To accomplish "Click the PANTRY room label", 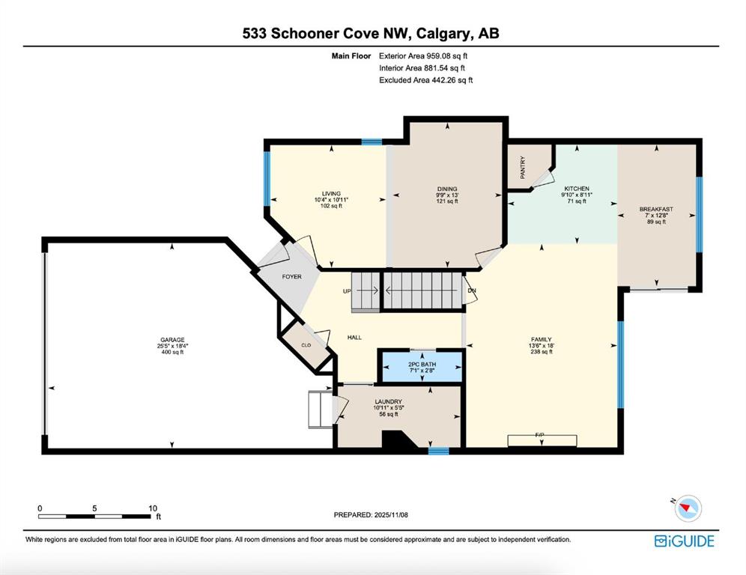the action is click(523, 168).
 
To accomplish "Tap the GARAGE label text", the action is click(172, 340).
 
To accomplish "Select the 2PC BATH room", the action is click(422, 367).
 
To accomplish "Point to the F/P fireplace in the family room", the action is click(542, 440).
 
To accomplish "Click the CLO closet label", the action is click(306, 345).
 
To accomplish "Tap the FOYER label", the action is click(291, 276).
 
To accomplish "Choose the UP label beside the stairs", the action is click(347, 291).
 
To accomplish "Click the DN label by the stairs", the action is click(471, 290).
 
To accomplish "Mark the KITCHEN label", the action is click(577, 189).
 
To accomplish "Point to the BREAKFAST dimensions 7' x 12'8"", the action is click(657, 216).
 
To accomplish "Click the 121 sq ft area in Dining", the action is click(447, 201).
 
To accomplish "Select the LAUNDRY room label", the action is click(388, 401).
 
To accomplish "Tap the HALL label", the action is click(354, 337).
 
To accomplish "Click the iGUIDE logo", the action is click(684, 541).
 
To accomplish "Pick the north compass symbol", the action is click(688, 508).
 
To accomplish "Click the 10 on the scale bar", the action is click(153, 508).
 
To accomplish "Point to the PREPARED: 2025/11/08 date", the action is click(371, 514).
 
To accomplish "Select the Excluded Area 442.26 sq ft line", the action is click(426, 80).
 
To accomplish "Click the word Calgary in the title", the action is click(443, 33).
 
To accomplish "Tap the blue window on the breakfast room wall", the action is click(699, 214).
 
